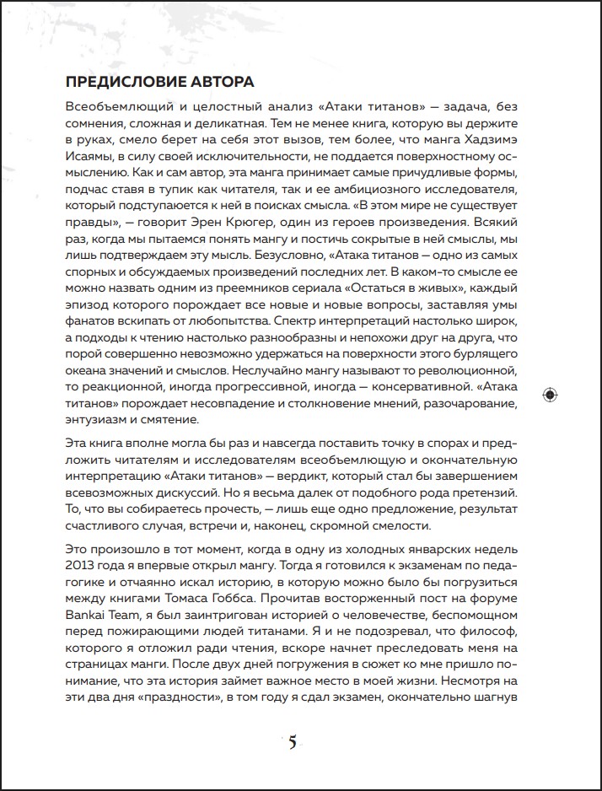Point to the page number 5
(293, 742)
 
